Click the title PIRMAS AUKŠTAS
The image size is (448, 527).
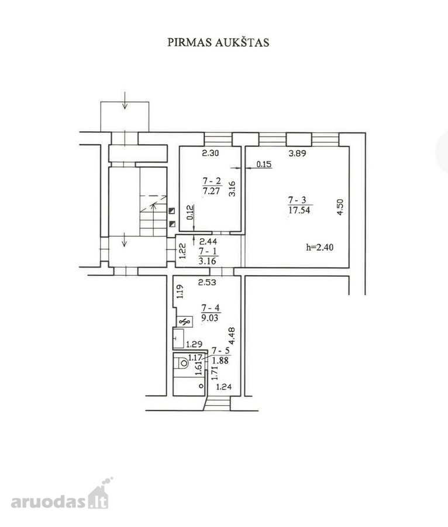(x=218, y=42)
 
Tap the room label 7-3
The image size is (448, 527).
(x=297, y=200)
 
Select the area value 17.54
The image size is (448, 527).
(x=299, y=210)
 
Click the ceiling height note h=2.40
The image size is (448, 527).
(x=320, y=247)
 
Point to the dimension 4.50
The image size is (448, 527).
(x=340, y=207)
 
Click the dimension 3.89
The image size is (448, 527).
(x=297, y=153)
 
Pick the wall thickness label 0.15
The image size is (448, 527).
(x=264, y=165)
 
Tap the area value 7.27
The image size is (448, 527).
(x=212, y=191)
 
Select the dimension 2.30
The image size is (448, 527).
(x=211, y=153)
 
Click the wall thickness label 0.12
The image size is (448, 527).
(x=190, y=212)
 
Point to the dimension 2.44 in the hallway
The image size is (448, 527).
(x=208, y=241)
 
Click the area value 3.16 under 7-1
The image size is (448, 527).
(x=208, y=261)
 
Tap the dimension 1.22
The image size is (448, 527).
(x=182, y=251)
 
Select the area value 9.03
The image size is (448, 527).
(x=210, y=317)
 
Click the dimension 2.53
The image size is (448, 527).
(x=207, y=282)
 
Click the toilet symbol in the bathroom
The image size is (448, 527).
(x=182, y=363)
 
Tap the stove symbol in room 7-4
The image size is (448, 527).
(x=184, y=322)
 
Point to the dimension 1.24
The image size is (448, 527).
(x=223, y=387)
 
